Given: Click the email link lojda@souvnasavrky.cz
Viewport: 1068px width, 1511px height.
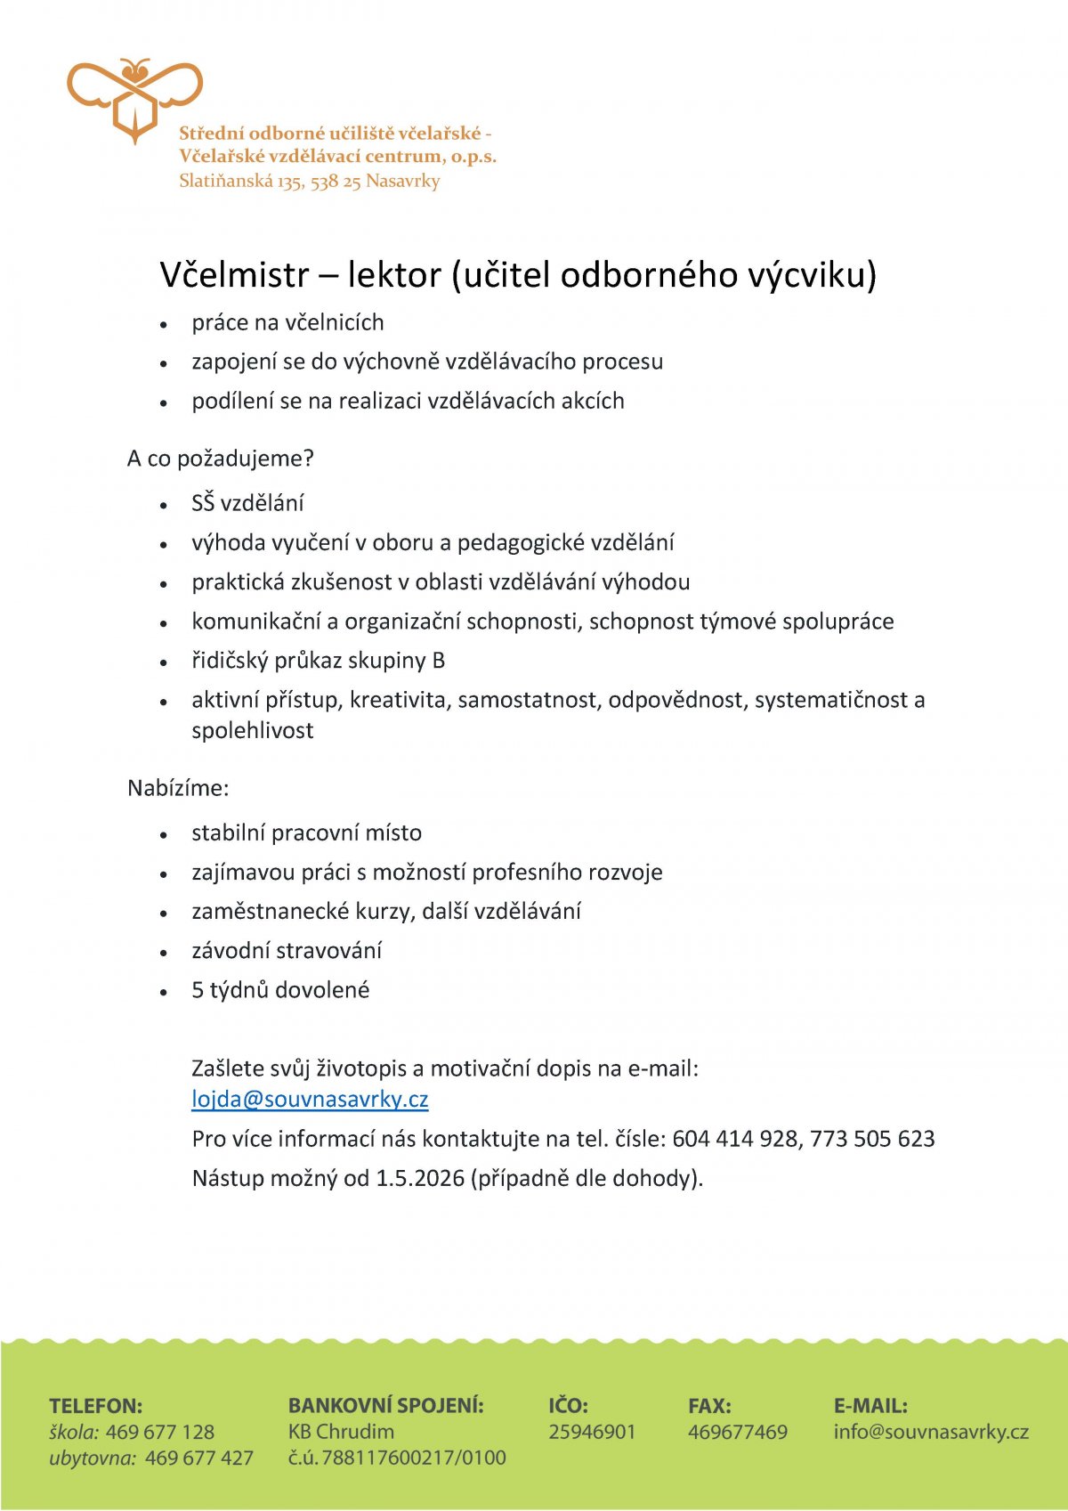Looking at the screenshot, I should [x=310, y=1099].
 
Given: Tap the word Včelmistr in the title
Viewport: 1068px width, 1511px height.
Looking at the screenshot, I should [x=234, y=274].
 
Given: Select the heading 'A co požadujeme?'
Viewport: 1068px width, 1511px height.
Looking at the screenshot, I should [x=221, y=459].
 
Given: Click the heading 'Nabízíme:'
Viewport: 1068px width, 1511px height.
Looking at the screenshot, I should [x=178, y=788].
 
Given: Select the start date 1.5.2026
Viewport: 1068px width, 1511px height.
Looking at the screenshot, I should [x=420, y=1178].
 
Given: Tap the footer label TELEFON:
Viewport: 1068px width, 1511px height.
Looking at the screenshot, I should [x=96, y=1406].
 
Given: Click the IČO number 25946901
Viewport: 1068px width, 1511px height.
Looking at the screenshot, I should [x=592, y=1432].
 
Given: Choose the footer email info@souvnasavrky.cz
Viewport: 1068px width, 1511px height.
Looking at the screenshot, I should [x=931, y=1432].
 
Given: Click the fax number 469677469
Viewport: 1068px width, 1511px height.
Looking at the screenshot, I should [x=738, y=1432].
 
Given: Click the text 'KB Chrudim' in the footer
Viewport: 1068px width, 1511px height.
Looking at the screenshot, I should [x=341, y=1432].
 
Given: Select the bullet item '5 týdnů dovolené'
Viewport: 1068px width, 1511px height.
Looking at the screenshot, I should [x=280, y=990].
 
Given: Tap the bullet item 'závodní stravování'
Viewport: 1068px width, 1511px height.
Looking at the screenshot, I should [x=287, y=951].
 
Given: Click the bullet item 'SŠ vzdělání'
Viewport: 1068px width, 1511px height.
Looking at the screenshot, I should [x=247, y=503].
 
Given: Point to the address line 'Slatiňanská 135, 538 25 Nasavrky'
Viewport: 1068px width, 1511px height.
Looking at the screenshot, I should [x=310, y=181].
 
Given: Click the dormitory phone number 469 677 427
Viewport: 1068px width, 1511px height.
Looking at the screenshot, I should [x=199, y=1458].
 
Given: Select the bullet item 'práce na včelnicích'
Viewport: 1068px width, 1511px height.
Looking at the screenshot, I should [x=287, y=322].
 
